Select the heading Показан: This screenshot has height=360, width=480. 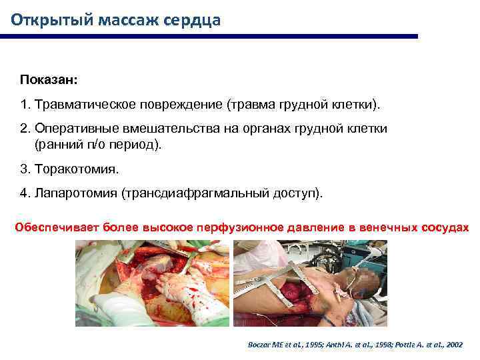coord(49,80)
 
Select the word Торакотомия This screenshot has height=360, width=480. coord(76,169)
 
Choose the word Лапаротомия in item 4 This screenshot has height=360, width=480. coord(76,193)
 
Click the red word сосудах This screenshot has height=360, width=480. coord(446,227)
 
